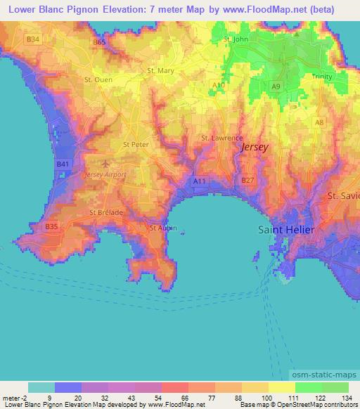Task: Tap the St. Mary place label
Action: (160, 70)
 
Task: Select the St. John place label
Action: (236, 39)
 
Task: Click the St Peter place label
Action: (135, 145)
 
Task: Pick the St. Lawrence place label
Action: (221, 138)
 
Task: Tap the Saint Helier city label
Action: (288, 230)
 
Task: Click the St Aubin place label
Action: (163, 228)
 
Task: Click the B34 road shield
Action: (32, 39)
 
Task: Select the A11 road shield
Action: (200, 181)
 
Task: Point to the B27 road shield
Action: (247, 181)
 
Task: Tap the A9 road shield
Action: (276, 86)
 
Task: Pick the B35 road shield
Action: (51, 227)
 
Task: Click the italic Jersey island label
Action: (254, 148)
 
